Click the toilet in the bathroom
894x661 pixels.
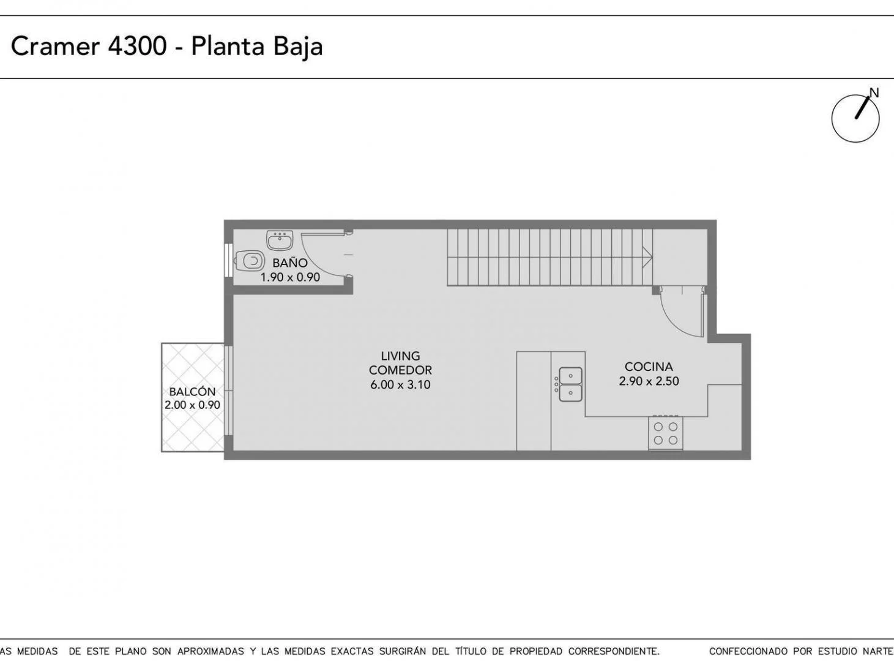[x=250, y=261]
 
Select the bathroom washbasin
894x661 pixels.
[x=280, y=241]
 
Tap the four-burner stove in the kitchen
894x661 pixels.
[x=666, y=433]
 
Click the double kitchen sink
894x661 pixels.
[x=570, y=384]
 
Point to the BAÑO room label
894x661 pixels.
[x=290, y=263]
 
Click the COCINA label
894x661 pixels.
[x=649, y=367]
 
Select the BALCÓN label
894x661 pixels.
[x=192, y=392]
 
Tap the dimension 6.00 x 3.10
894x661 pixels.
[x=400, y=384]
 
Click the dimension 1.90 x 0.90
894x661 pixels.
[x=290, y=277]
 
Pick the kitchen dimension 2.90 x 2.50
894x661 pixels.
[x=649, y=381]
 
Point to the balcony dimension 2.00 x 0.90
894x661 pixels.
[x=192, y=405]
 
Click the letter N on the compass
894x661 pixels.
[x=874, y=93]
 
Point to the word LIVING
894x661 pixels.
[x=400, y=356]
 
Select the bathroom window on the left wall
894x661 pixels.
[x=228, y=260]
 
